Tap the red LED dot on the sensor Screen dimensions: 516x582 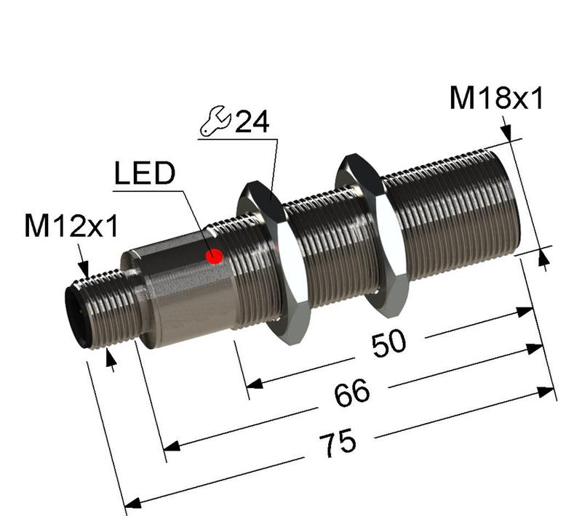pos(214,256)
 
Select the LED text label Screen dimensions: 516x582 pos(145,174)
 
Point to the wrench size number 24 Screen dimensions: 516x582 pos(252,122)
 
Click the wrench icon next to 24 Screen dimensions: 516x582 pos(215,121)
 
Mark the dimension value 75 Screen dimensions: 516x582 pos(337,442)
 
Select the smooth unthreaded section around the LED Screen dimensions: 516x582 pos(182,291)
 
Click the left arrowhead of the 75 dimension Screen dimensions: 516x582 pos(131,503)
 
